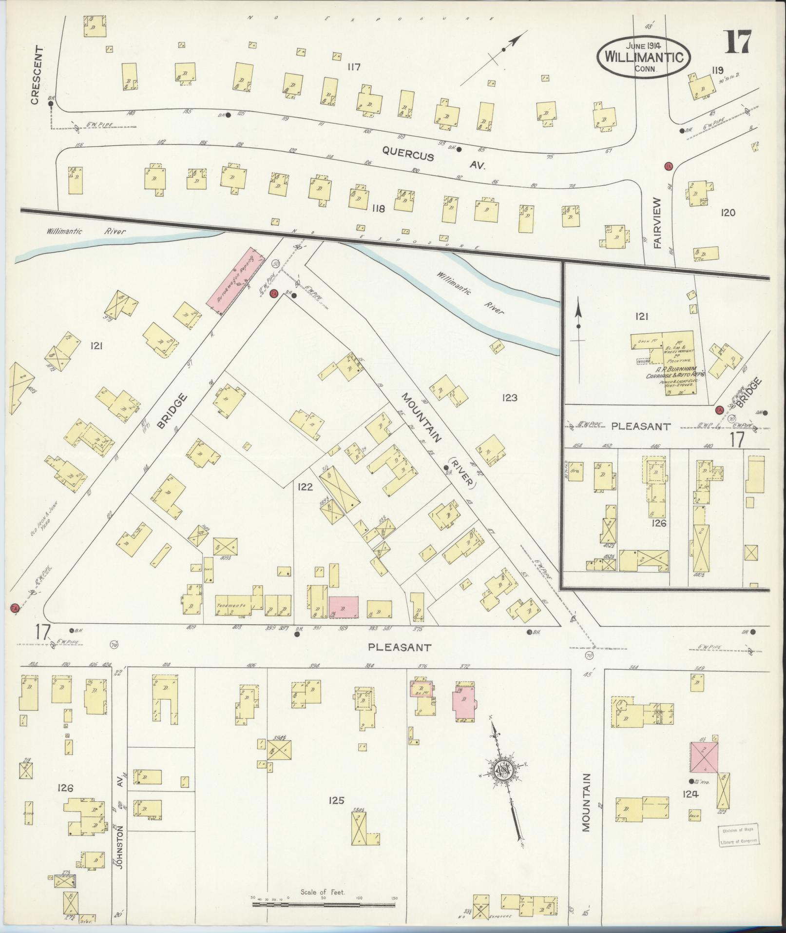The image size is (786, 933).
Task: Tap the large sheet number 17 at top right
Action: pyautogui.click(x=739, y=42)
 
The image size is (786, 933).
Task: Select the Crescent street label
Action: pyautogui.click(x=35, y=75)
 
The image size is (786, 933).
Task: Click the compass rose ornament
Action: pyautogui.click(x=503, y=785)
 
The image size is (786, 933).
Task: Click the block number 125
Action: pyautogui.click(x=336, y=800)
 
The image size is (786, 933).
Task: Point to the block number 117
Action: pyautogui.click(x=353, y=67)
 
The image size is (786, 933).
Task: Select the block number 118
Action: pyautogui.click(x=378, y=209)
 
